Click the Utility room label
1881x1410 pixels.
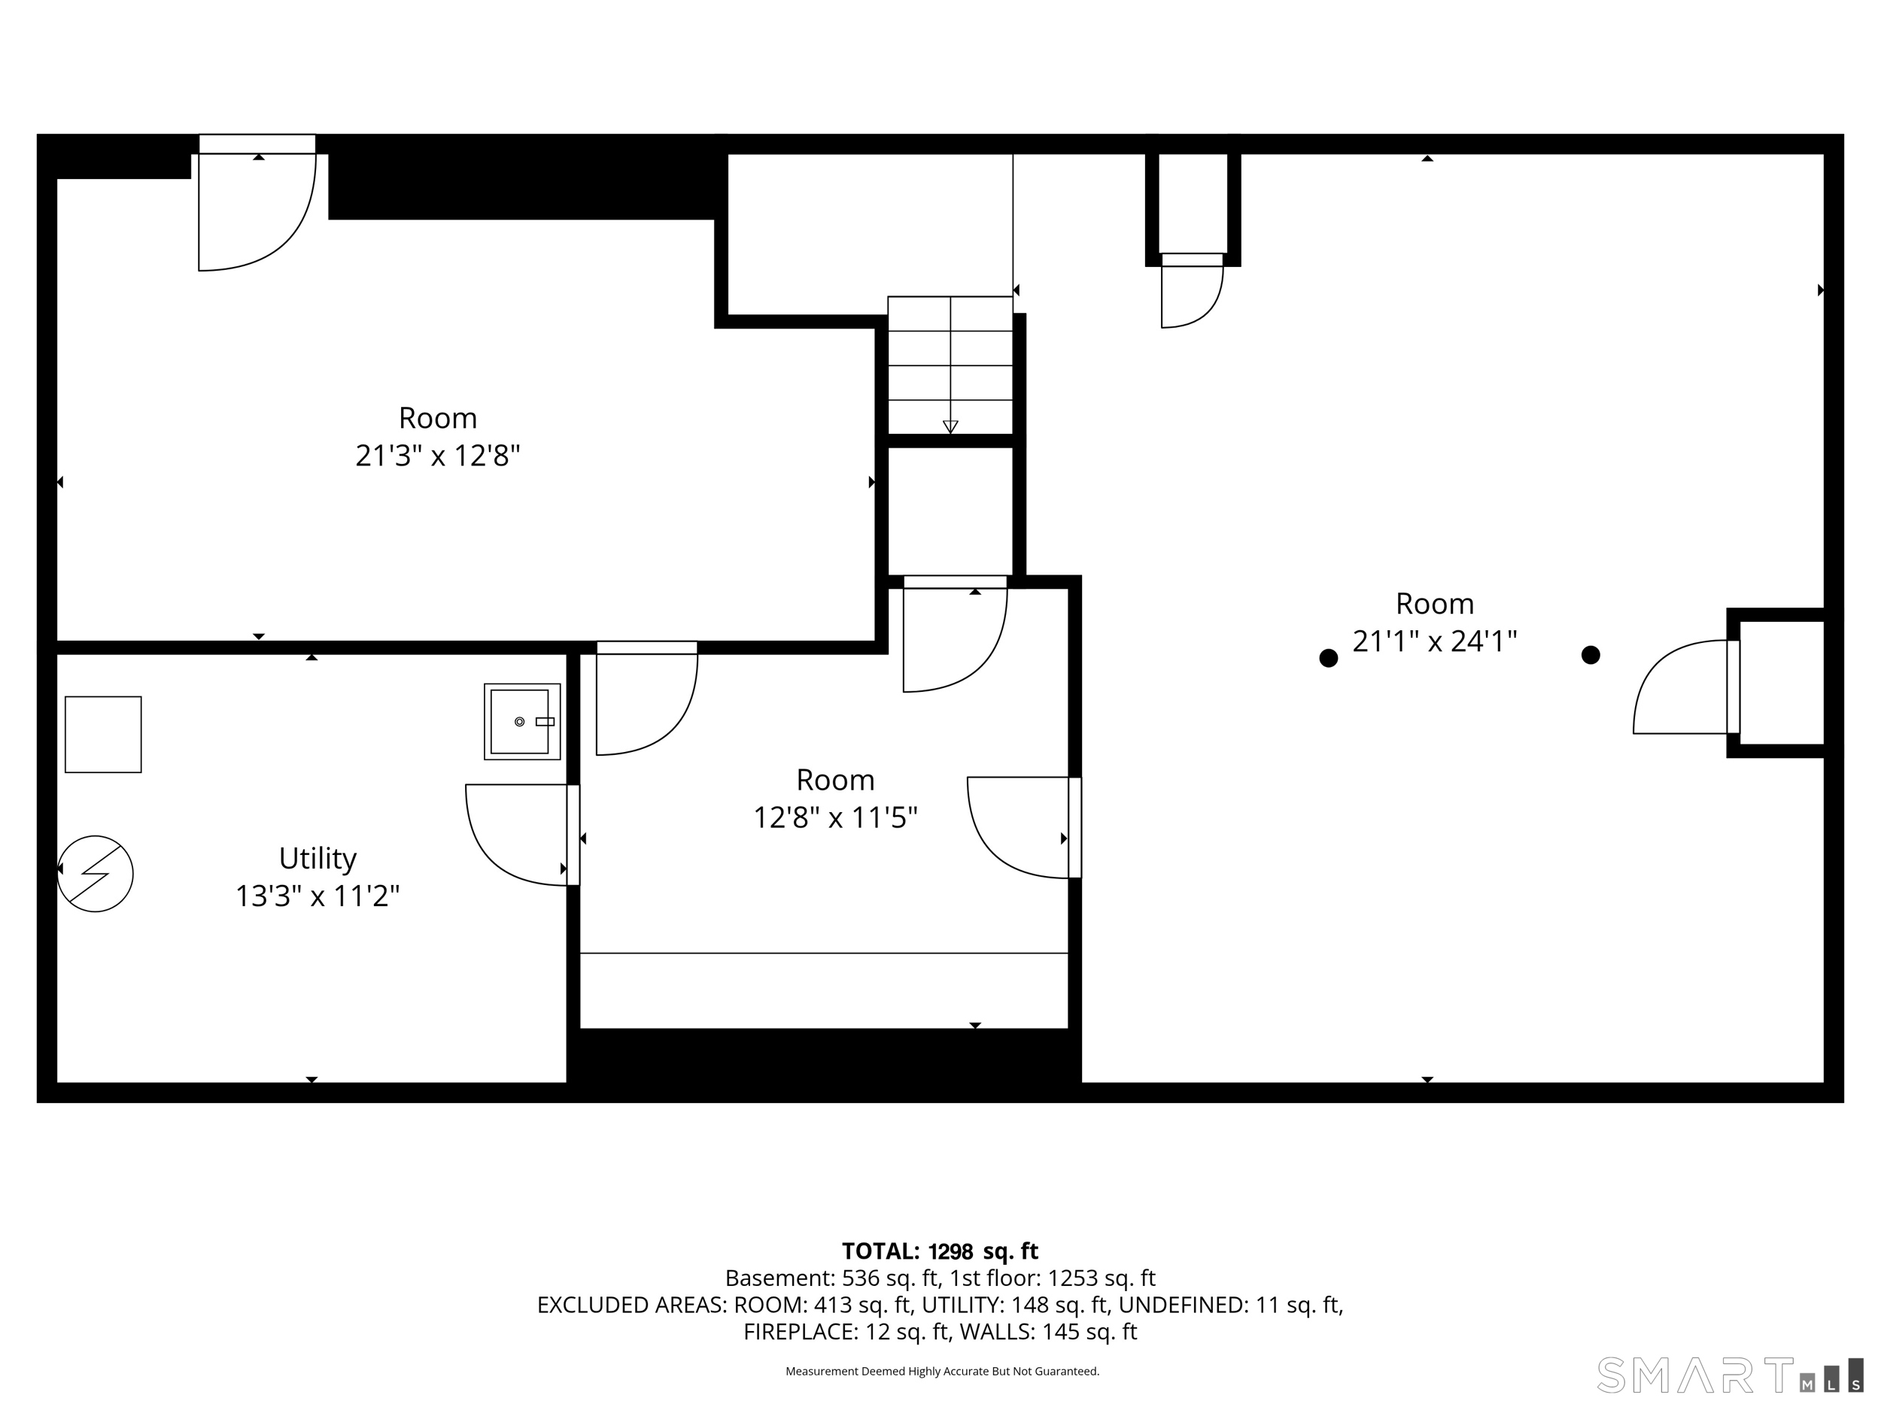[x=318, y=860]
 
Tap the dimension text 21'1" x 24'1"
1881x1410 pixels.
[x=1435, y=641]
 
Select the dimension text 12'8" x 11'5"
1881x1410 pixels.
[x=835, y=817]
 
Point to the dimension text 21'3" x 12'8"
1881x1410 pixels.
[x=437, y=456]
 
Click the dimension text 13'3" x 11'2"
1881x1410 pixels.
[x=318, y=896]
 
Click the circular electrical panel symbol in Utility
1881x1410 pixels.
[x=96, y=874]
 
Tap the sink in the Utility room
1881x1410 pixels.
[x=522, y=722]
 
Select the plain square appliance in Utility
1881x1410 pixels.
[x=103, y=734]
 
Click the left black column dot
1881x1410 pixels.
[x=1328, y=658]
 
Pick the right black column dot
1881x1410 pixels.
[x=1590, y=654]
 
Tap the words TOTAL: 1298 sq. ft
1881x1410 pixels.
[x=940, y=1251]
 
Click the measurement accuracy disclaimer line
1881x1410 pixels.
[x=942, y=1371]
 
